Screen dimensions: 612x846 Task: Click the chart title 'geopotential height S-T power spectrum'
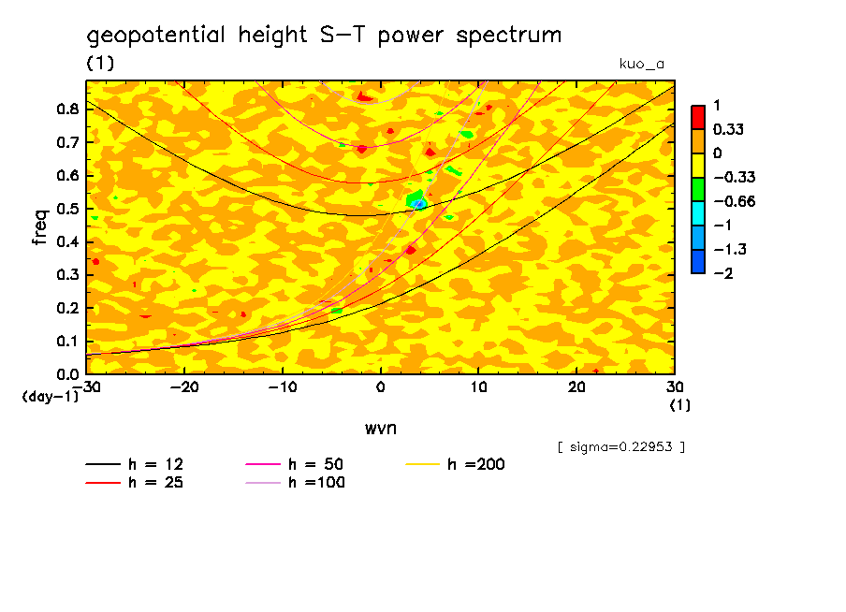(324, 36)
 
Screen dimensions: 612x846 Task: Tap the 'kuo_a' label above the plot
(642, 64)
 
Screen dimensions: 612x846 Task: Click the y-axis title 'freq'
(39, 226)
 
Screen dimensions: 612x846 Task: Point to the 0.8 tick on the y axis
(66, 109)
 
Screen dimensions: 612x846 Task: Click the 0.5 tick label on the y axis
(66, 209)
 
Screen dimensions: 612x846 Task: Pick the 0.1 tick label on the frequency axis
(66, 342)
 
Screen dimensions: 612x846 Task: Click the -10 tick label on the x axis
(282, 386)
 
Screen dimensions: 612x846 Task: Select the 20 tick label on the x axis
(576, 386)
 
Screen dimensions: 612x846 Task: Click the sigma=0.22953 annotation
(620, 446)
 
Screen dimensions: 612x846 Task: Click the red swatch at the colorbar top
(697, 117)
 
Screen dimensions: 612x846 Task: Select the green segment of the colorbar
(697, 189)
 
